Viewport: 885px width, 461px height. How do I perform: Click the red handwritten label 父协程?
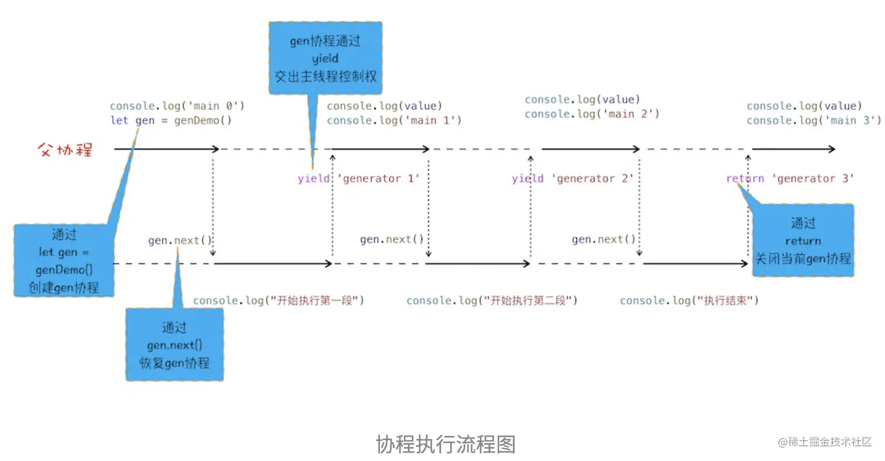(x=64, y=150)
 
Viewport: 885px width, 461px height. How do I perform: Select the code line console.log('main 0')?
(x=177, y=106)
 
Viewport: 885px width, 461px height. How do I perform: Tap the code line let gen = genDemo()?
(x=171, y=121)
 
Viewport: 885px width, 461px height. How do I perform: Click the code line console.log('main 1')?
(x=394, y=121)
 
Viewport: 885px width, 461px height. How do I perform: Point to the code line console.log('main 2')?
(x=592, y=114)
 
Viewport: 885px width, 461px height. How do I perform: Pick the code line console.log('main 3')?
(x=814, y=121)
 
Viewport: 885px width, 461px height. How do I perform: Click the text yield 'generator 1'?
(x=359, y=179)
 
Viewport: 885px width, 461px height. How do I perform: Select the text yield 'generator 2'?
(x=573, y=179)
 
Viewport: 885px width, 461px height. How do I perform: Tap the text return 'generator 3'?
(x=790, y=179)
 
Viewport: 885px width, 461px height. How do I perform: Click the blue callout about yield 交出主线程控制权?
(x=325, y=59)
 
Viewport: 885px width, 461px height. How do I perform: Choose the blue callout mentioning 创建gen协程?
(x=64, y=261)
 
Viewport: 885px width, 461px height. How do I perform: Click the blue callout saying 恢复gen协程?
(x=174, y=345)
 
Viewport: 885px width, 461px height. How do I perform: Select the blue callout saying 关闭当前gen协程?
(x=803, y=240)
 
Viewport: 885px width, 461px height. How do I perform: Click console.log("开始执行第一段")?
(x=279, y=301)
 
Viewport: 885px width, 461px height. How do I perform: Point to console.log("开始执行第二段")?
(x=492, y=301)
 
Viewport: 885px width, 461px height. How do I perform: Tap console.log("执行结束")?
(x=689, y=301)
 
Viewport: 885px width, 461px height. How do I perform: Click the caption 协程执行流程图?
(x=445, y=444)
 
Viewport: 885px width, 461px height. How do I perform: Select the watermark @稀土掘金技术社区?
(x=825, y=442)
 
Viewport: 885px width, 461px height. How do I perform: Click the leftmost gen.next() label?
(x=180, y=241)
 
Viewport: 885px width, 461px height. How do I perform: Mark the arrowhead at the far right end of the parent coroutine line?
(x=832, y=149)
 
